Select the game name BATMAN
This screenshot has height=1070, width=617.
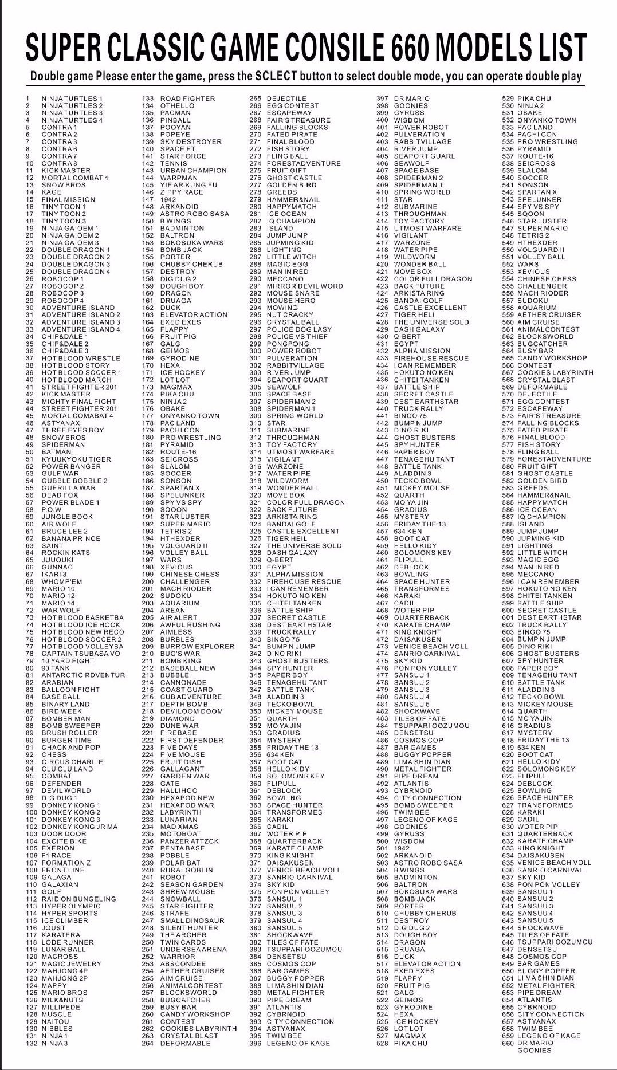tap(56, 452)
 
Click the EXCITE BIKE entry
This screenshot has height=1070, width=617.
tap(64, 841)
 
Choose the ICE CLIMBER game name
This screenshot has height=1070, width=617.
tap(65, 920)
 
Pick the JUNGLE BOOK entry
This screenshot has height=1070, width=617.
tap(67, 517)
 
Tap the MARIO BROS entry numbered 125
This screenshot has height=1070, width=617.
tap(64, 993)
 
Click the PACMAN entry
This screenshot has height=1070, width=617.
tap(175, 113)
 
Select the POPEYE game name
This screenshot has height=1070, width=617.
tap(175, 135)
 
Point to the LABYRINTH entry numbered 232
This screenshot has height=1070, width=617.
tap(180, 812)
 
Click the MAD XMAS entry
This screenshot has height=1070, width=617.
tap(179, 827)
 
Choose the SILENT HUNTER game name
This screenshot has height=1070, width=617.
tap(188, 927)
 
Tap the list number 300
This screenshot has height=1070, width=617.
tap(256, 351)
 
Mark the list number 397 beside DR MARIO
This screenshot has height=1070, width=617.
tap(382, 99)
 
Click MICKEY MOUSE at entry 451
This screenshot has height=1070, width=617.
tap(422, 488)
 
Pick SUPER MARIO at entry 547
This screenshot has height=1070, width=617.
tap(542, 228)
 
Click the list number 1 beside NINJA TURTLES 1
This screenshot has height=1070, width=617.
tap(27, 99)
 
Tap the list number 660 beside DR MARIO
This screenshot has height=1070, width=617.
tap(508, 1043)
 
